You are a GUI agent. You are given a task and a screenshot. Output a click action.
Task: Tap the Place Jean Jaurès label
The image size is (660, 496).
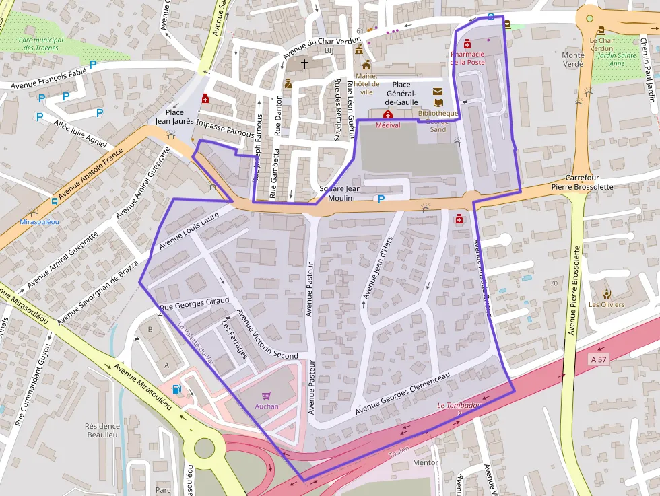(174, 117)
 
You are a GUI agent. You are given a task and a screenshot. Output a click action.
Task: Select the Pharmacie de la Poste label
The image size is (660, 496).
(467, 58)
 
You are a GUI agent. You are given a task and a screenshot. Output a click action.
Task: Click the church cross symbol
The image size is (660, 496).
(304, 64)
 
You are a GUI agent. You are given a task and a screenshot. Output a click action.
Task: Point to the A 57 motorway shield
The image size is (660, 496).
(597, 360)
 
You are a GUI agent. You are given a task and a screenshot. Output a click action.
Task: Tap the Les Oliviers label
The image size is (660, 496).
(606, 304)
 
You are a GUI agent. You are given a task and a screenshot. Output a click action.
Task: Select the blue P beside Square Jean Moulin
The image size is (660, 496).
(381, 199)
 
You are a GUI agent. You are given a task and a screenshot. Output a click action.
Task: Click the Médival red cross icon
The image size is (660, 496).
(388, 115)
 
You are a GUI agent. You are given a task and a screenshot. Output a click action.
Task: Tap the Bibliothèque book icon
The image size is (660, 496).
(438, 102)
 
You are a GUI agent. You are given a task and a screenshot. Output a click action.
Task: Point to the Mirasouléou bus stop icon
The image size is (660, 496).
(55, 201)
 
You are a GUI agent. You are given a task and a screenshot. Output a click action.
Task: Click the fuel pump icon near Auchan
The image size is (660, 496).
(176, 388)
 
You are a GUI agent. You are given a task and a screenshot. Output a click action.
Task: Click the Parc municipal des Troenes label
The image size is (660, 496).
(42, 44)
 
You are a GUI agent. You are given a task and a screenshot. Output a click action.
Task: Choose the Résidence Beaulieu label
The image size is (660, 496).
(102, 430)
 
